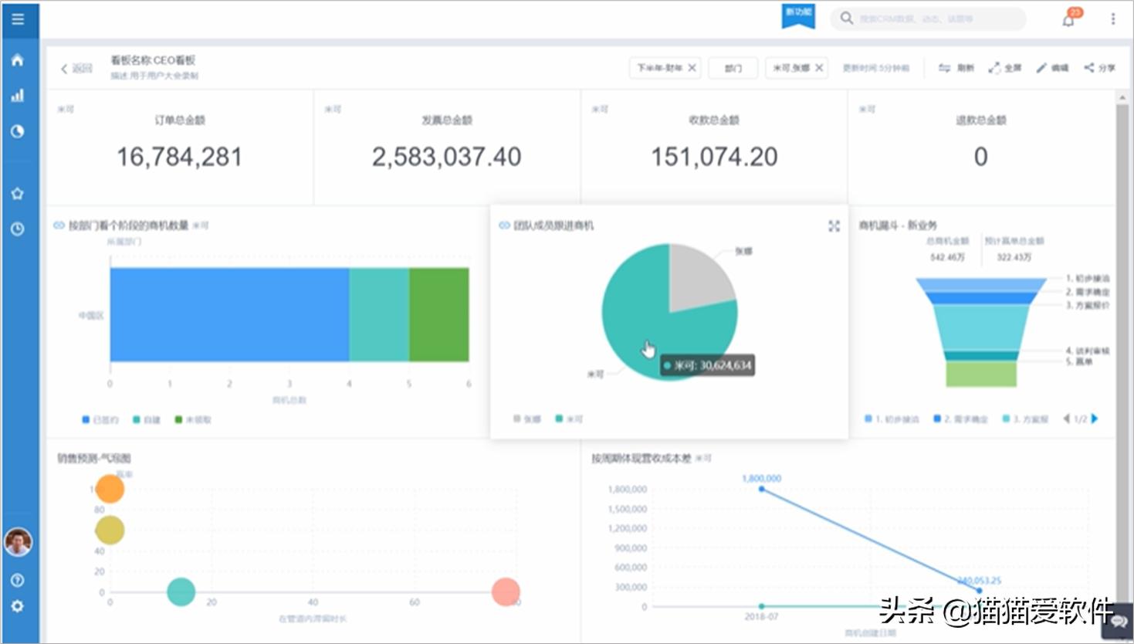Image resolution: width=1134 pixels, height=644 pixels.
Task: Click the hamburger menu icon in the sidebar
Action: click(x=18, y=19)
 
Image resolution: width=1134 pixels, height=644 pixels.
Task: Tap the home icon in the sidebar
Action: click(x=18, y=60)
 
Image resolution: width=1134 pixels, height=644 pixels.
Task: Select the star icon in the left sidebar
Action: click(x=18, y=193)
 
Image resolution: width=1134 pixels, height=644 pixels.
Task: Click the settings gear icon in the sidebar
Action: click(x=18, y=606)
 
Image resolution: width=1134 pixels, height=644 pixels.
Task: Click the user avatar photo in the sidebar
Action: click(x=18, y=541)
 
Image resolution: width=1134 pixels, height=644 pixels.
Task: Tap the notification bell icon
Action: click(x=1068, y=19)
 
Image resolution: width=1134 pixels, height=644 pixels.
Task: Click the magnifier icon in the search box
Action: click(x=847, y=19)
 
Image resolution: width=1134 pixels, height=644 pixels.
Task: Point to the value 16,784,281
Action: click(x=179, y=157)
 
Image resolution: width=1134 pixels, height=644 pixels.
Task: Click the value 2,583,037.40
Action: click(x=446, y=157)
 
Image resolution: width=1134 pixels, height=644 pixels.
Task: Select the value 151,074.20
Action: click(x=714, y=157)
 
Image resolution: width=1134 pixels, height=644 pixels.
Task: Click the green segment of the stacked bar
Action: click(x=438, y=314)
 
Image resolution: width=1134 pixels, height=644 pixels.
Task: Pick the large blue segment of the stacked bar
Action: click(x=229, y=314)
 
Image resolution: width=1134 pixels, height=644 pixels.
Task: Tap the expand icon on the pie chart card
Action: click(x=834, y=225)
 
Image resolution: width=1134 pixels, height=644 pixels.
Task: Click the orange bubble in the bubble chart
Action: click(x=110, y=489)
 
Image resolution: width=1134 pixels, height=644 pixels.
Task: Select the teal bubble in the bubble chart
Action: click(x=181, y=592)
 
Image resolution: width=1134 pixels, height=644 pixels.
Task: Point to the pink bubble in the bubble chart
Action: click(x=506, y=592)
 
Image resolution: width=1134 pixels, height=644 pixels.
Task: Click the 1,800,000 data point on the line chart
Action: click(x=762, y=490)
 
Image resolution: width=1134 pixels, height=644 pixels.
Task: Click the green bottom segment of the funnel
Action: click(x=980, y=374)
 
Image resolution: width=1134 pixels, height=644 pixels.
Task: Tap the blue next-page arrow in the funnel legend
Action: click(x=1095, y=419)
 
